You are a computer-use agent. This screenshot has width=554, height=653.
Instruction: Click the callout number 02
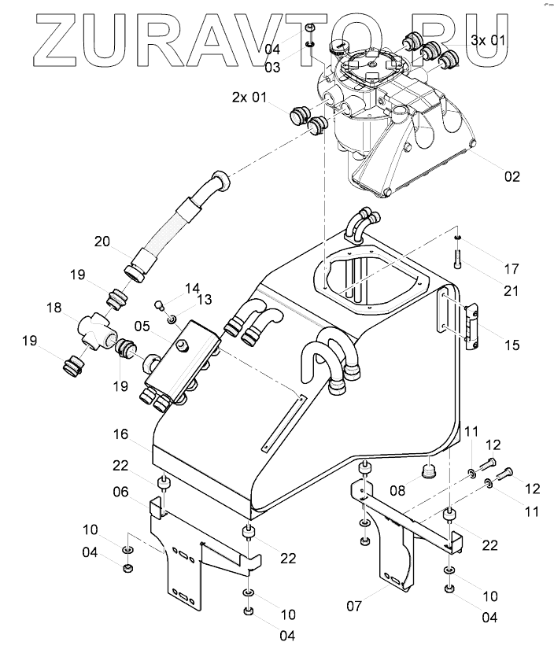coord(512,176)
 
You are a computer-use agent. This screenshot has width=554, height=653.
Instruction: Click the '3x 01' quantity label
coord(489,39)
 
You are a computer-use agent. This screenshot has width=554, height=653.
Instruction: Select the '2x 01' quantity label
coord(249,98)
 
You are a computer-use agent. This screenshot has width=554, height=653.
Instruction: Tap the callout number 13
coord(205,299)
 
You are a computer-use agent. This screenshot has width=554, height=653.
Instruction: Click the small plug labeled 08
coord(429,471)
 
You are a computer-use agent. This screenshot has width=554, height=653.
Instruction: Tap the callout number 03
coord(272,68)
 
